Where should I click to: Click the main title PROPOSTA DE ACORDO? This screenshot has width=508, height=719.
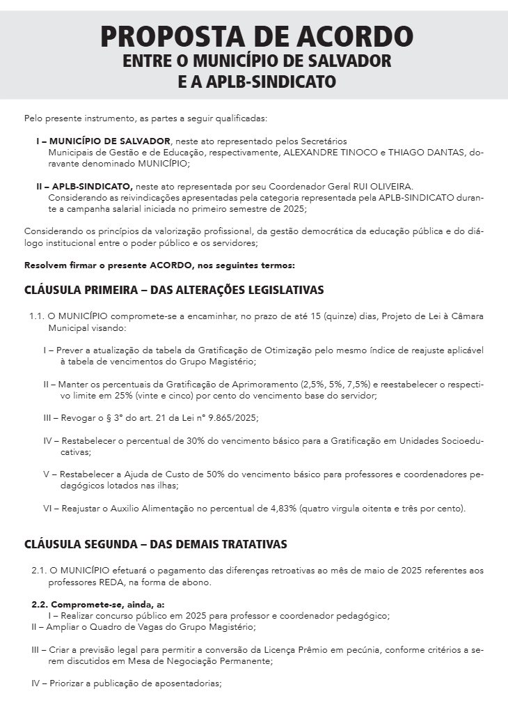pos(257,36)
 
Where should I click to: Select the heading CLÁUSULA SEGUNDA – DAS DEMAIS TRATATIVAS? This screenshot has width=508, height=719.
pos(155,543)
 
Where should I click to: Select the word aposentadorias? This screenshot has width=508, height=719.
pos(186,683)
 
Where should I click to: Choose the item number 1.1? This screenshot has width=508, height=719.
pos(37,316)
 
